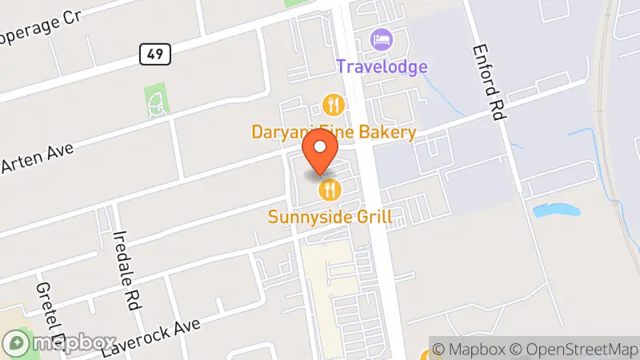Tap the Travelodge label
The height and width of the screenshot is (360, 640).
click(382, 66)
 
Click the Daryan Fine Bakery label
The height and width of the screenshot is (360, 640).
click(334, 132)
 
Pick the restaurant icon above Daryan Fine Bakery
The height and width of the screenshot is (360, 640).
click(333, 104)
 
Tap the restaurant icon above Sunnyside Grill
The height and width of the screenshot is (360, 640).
click(330, 190)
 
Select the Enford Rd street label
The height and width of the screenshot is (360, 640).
click(489, 84)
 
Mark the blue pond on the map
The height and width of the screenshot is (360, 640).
click(555, 210)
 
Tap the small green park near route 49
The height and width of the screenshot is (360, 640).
click(155, 99)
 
